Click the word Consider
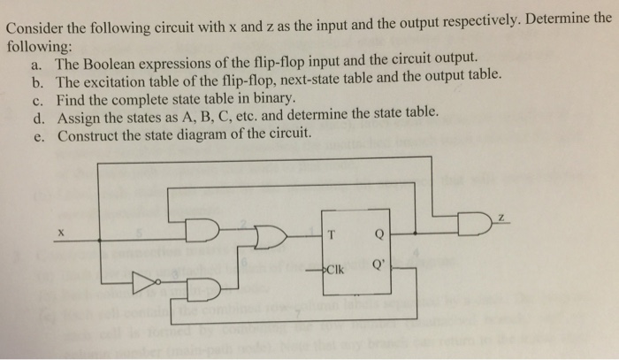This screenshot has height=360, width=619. [x=36, y=18]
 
